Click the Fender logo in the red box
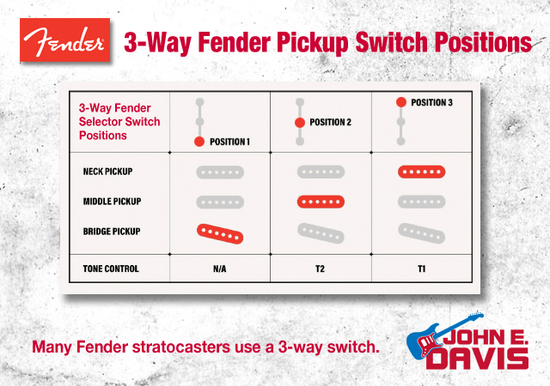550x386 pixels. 65,40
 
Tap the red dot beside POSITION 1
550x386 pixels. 199,142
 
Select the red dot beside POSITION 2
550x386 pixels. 300,123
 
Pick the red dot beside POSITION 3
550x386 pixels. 401,102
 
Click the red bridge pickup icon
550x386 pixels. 220,234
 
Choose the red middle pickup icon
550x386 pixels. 321,202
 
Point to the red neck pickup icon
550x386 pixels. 422,172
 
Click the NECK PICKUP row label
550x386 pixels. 107,172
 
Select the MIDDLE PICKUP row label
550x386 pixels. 112,202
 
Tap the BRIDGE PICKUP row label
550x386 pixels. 112,232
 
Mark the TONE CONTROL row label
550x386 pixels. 111,268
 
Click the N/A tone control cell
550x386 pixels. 220,268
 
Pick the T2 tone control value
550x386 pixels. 320,268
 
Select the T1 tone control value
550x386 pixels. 421,268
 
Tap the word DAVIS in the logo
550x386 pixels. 477,358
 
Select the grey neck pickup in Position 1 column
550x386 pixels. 220,172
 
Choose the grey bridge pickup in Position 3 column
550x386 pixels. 422,233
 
